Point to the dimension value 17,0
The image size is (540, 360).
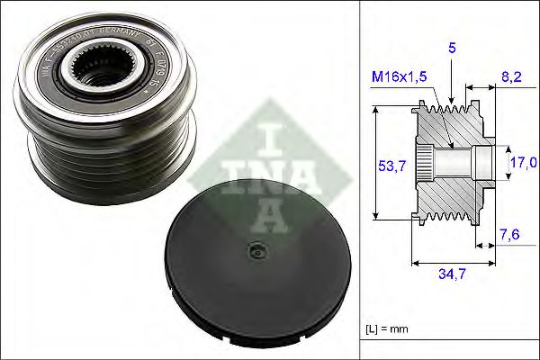(525, 163)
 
